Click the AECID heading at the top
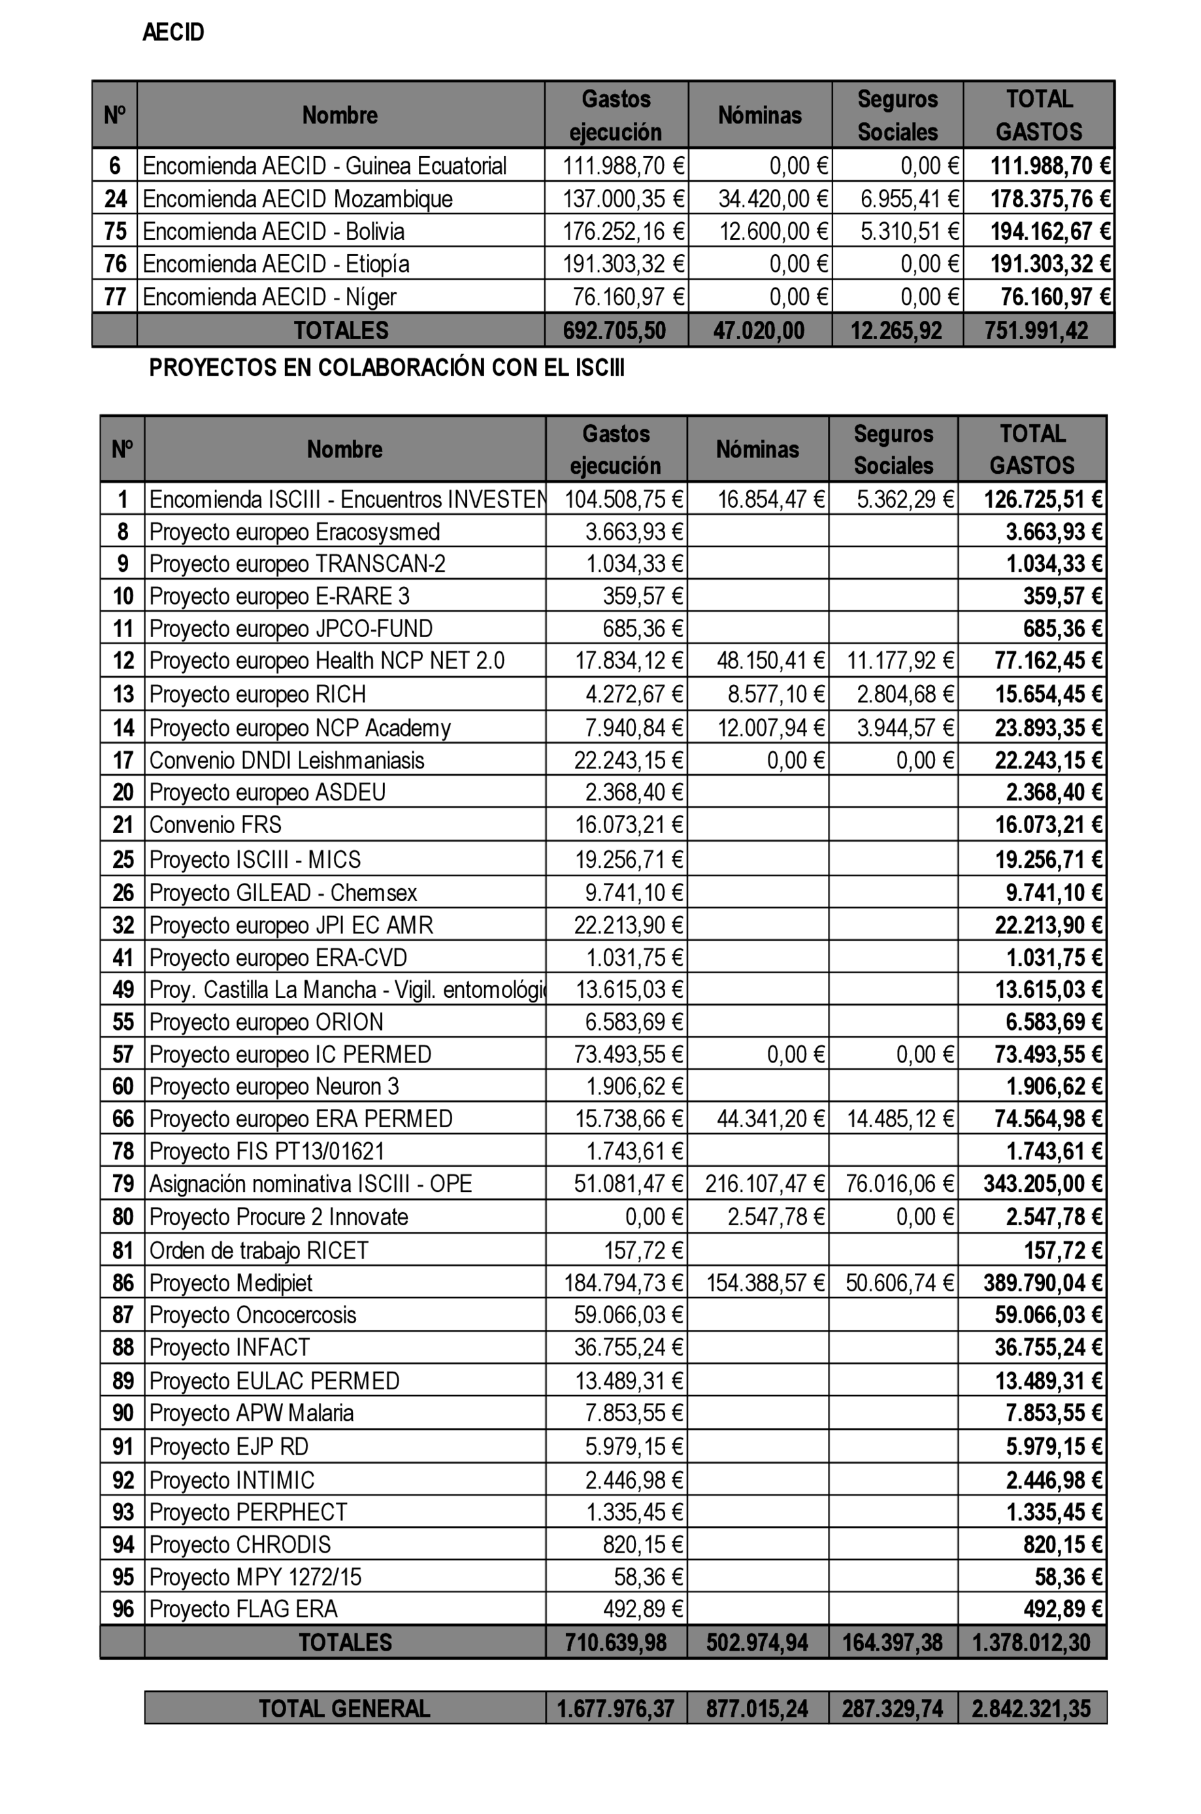[173, 32]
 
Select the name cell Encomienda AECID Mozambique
[297, 199]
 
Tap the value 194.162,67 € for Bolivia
[1049, 231]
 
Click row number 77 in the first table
[115, 297]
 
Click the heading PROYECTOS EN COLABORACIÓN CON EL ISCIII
[387, 368]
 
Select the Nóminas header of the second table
[757, 449]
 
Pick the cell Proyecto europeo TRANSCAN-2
[297, 564]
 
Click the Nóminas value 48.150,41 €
[770, 661]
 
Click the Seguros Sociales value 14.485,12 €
[899, 1119]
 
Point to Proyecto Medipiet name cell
[231, 1282]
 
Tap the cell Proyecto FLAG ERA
[243, 1609]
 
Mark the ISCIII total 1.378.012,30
[1031, 1642]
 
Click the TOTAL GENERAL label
[344, 1708]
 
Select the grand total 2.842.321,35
[1031, 1708]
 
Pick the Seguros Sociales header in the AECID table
[897, 115]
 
